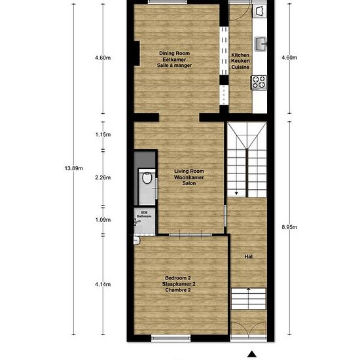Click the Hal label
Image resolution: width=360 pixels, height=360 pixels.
click(249, 257)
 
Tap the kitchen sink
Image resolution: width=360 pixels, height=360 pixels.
click(261, 44)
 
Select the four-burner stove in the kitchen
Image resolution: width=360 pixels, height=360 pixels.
click(259, 82)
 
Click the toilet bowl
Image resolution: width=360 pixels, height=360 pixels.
click(147, 178)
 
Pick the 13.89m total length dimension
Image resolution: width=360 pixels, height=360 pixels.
click(74, 168)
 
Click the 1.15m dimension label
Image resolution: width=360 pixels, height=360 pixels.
click(103, 135)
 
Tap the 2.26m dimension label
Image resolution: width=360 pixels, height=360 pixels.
click(103, 177)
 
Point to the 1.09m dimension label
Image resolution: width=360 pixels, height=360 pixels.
click(103, 220)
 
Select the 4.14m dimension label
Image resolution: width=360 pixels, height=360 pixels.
click(103, 285)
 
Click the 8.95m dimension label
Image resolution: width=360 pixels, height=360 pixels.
click(289, 227)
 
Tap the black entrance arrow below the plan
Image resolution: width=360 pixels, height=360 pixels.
click(252, 354)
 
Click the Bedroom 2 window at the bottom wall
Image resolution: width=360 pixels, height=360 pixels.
click(171, 338)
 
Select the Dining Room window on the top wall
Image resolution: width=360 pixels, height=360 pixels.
click(167, 2)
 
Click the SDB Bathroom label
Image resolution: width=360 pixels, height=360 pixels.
click(144, 215)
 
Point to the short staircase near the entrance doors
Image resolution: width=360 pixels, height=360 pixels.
click(249, 298)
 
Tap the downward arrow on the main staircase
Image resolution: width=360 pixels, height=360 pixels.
click(236, 193)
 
